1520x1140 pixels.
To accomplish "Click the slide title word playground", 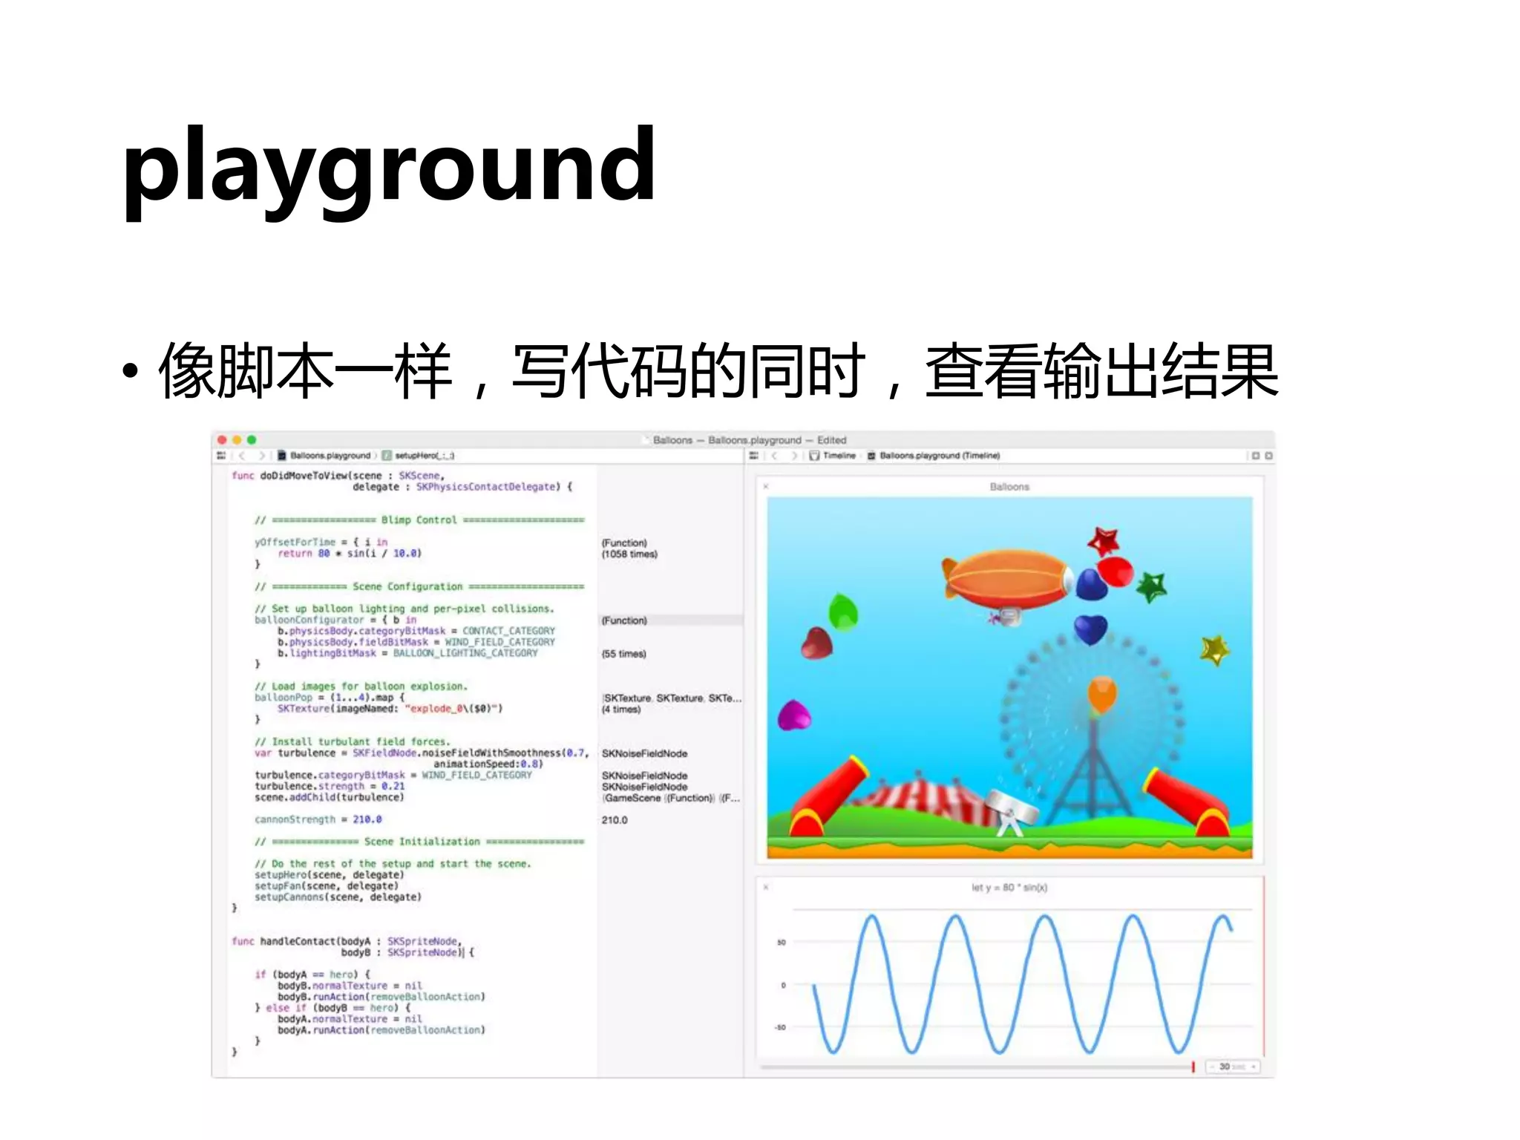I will (x=389, y=168).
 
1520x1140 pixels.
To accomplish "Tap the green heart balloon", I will (x=843, y=612).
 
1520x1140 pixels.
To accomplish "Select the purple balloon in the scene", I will (x=793, y=715).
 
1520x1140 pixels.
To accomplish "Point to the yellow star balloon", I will (x=1215, y=650).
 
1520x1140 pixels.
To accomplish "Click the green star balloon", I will (x=1152, y=587).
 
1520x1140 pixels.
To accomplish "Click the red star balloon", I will (x=1104, y=540).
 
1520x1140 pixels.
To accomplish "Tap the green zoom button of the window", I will (x=252, y=440).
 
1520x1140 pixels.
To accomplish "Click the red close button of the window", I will (x=222, y=440).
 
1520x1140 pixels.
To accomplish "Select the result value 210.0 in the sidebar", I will (x=615, y=820).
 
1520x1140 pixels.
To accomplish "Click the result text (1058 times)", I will (x=629, y=554).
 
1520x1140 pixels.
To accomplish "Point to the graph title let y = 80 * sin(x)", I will (x=1009, y=888).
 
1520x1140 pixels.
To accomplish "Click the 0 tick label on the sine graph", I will (x=783, y=986).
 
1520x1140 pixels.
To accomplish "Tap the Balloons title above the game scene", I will (x=1009, y=487).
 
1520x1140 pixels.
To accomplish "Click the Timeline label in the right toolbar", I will (x=839, y=456).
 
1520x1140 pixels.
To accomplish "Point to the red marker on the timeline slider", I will (x=1193, y=1067).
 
